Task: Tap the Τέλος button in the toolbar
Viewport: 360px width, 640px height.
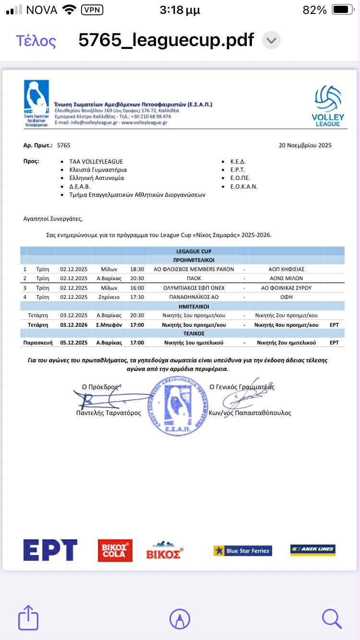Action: (36, 41)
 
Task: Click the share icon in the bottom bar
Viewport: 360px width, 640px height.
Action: (28, 618)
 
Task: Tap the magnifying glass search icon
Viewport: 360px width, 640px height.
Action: (332, 618)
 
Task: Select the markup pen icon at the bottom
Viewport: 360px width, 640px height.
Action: (180, 618)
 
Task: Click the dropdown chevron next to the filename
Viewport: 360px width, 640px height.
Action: (271, 40)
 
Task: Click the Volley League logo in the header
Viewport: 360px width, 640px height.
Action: (328, 106)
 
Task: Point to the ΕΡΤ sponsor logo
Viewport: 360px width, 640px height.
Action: (50, 550)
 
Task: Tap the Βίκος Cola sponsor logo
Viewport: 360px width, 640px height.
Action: (115, 550)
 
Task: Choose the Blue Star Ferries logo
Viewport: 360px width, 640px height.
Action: (242, 551)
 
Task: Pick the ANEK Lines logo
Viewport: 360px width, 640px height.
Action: (312, 550)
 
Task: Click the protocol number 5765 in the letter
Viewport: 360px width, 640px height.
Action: (63, 145)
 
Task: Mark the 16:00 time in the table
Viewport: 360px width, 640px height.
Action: (137, 288)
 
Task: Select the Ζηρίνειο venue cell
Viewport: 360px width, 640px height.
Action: (109, 297)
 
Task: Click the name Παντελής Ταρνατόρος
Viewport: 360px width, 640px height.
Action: (108, 413)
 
